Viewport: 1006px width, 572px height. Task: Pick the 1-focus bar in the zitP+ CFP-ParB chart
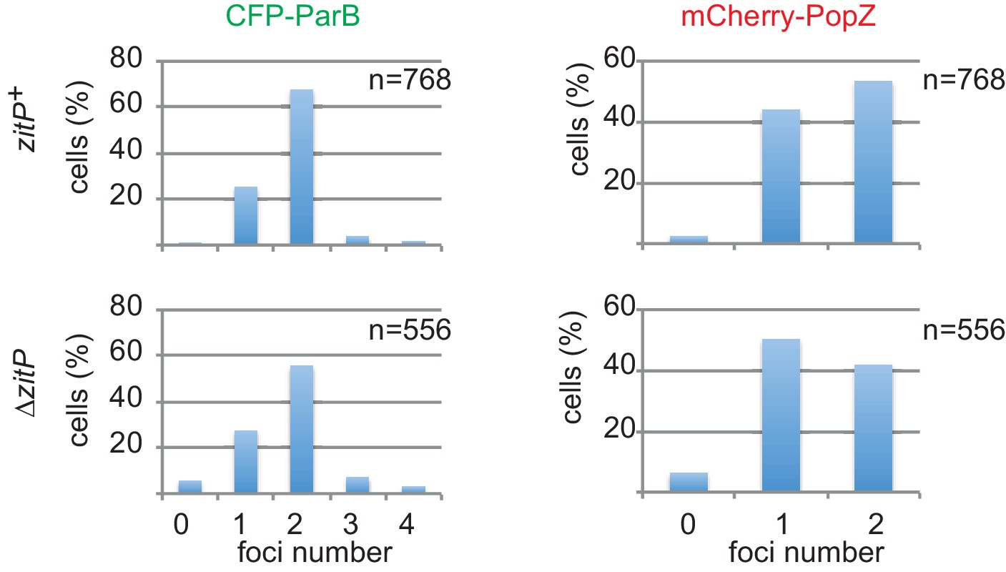pos(245,215)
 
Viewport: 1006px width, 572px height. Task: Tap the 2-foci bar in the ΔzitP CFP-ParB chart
pos(301,428)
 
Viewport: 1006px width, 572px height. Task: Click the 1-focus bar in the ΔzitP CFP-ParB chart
pos(245,461)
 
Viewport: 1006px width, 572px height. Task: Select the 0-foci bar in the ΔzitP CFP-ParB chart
pos(189,486)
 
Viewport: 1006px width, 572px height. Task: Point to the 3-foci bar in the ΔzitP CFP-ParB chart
pos(357,484)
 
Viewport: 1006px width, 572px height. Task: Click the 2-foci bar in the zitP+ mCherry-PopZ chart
pos(872,162)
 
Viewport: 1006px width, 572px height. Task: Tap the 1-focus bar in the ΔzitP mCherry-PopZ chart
pos(781,415)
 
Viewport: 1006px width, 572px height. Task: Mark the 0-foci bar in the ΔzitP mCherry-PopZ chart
pos(689,482)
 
